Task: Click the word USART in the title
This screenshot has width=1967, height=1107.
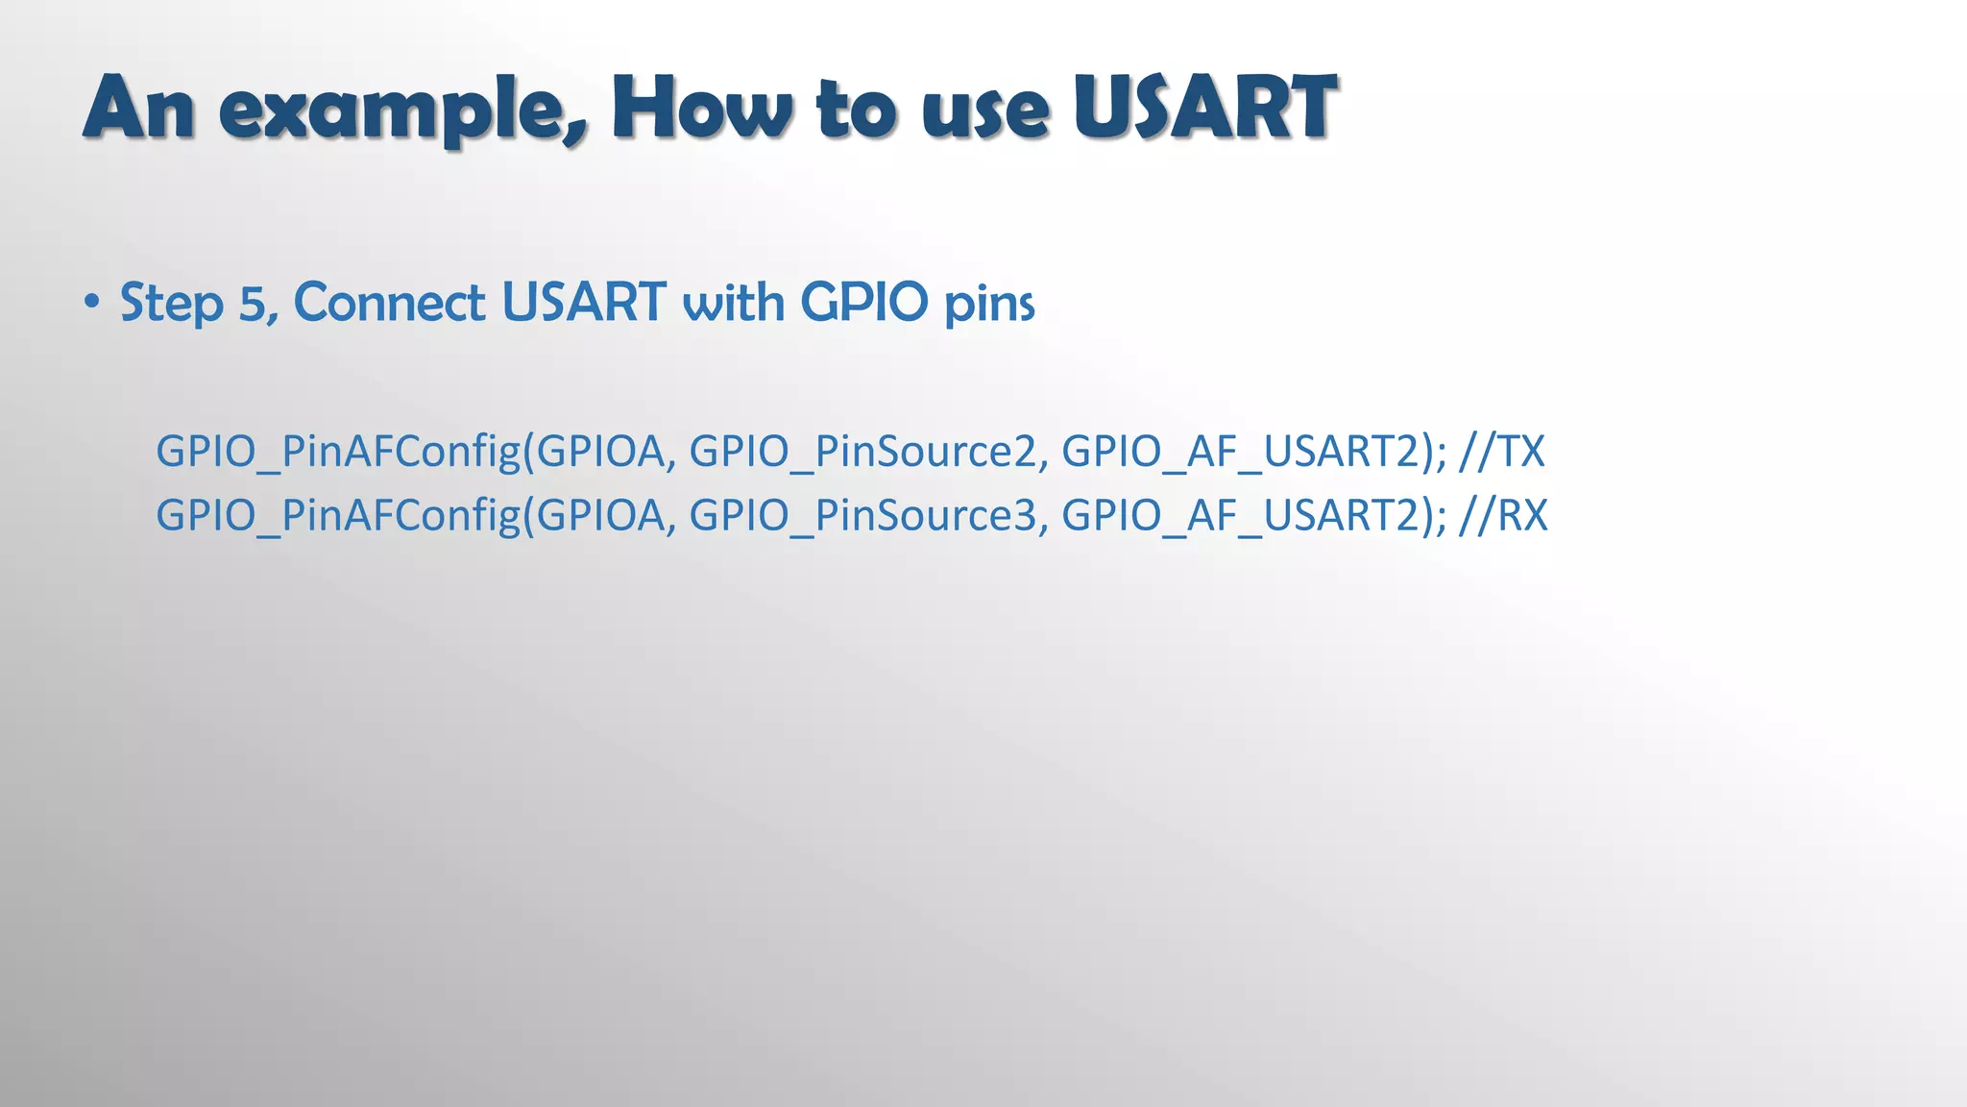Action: [1204, 108]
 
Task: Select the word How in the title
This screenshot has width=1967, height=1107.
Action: [702, 108]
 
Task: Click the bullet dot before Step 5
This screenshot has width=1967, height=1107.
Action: [91, 303]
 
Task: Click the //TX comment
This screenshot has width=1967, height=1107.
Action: [1501, 451]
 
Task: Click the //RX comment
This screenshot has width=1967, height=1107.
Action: [1503, 515]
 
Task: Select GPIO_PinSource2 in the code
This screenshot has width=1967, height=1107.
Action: [862, 452]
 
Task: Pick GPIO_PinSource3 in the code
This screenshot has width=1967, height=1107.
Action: [862, 516]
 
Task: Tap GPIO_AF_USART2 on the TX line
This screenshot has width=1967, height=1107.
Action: [1239, 452]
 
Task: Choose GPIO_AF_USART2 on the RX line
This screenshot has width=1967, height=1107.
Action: [1239, 516]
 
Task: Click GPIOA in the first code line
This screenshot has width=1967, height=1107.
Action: [599, 452]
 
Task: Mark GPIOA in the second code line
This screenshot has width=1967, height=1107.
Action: [599, 516]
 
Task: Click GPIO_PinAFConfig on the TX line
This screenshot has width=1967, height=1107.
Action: [338, 452]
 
